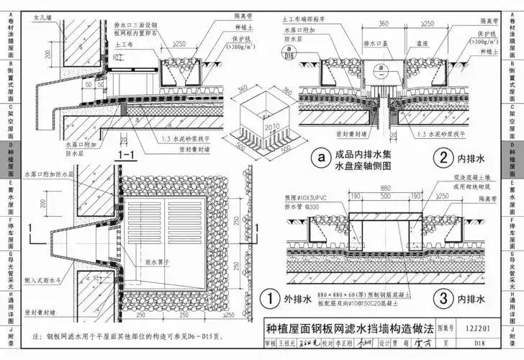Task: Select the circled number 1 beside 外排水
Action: [x=267, y=297]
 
